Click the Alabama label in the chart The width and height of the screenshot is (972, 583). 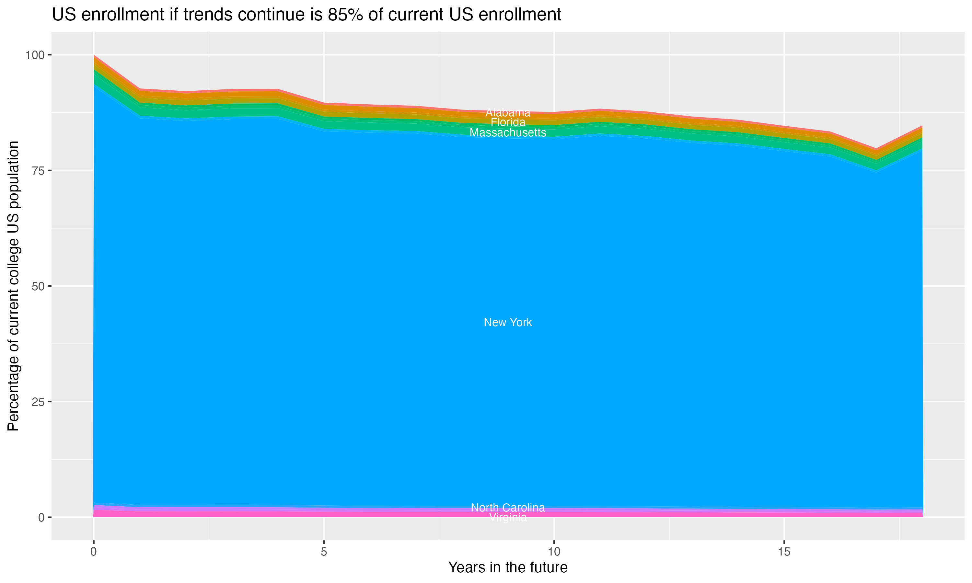508,112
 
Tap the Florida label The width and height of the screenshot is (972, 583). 508,122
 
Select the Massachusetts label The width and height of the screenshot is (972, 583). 508,133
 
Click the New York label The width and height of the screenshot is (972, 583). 508,322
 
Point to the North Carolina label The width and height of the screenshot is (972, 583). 508,508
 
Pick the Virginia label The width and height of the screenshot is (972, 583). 508,518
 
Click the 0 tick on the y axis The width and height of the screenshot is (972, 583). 41,517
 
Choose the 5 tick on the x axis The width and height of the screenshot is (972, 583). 324,552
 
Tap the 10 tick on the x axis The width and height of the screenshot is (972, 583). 554,552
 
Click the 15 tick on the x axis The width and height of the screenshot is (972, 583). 784,552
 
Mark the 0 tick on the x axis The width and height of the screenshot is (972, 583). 94,552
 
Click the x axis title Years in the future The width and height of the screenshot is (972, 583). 508,567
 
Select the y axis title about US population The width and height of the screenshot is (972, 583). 13,286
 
